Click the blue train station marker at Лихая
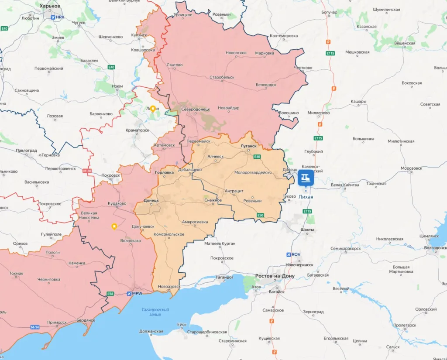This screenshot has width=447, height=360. pyautogui.click(x=306, y=178)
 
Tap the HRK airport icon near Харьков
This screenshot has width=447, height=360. pyautogui.click(x=53, y=17)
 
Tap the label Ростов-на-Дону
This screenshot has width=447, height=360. pyautogui.click(x=275, y=276)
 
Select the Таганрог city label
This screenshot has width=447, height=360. pyautogui.click(x=224, y=277)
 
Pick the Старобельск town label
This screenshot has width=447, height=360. pyautogui.click(x=222, y=77)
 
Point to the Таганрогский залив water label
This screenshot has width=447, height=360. pyautogui.click(x=155, y=312)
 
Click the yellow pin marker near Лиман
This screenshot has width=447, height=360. pyautogui.click(x=153, y=109)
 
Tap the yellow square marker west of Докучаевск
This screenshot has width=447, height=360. pyautogui.click(x=114, y=226)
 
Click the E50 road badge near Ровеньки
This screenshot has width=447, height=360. pyautogui.click(x=261, y=215)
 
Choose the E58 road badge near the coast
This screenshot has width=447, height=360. pyautogui.click(x=110, y=294)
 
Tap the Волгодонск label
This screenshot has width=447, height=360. pyautogui.click(x=435, y=248)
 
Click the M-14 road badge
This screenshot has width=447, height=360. pyautogui.click(x=35, y=327)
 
